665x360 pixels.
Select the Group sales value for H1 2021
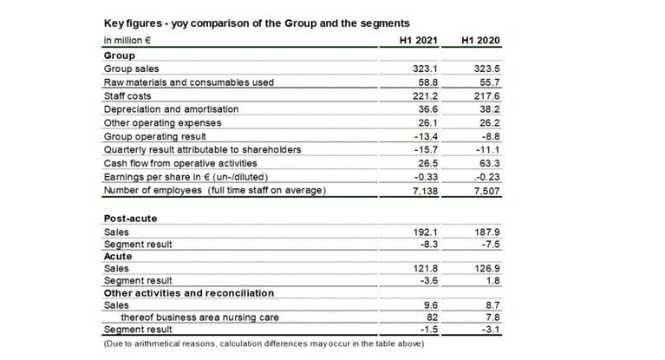click(430, 68)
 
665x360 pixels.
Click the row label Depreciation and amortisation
click(171, 109)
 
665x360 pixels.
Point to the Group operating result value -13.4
click(431, 136)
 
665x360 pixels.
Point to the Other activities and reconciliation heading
click(188, 293)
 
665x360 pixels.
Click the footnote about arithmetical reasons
click(262, 344)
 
